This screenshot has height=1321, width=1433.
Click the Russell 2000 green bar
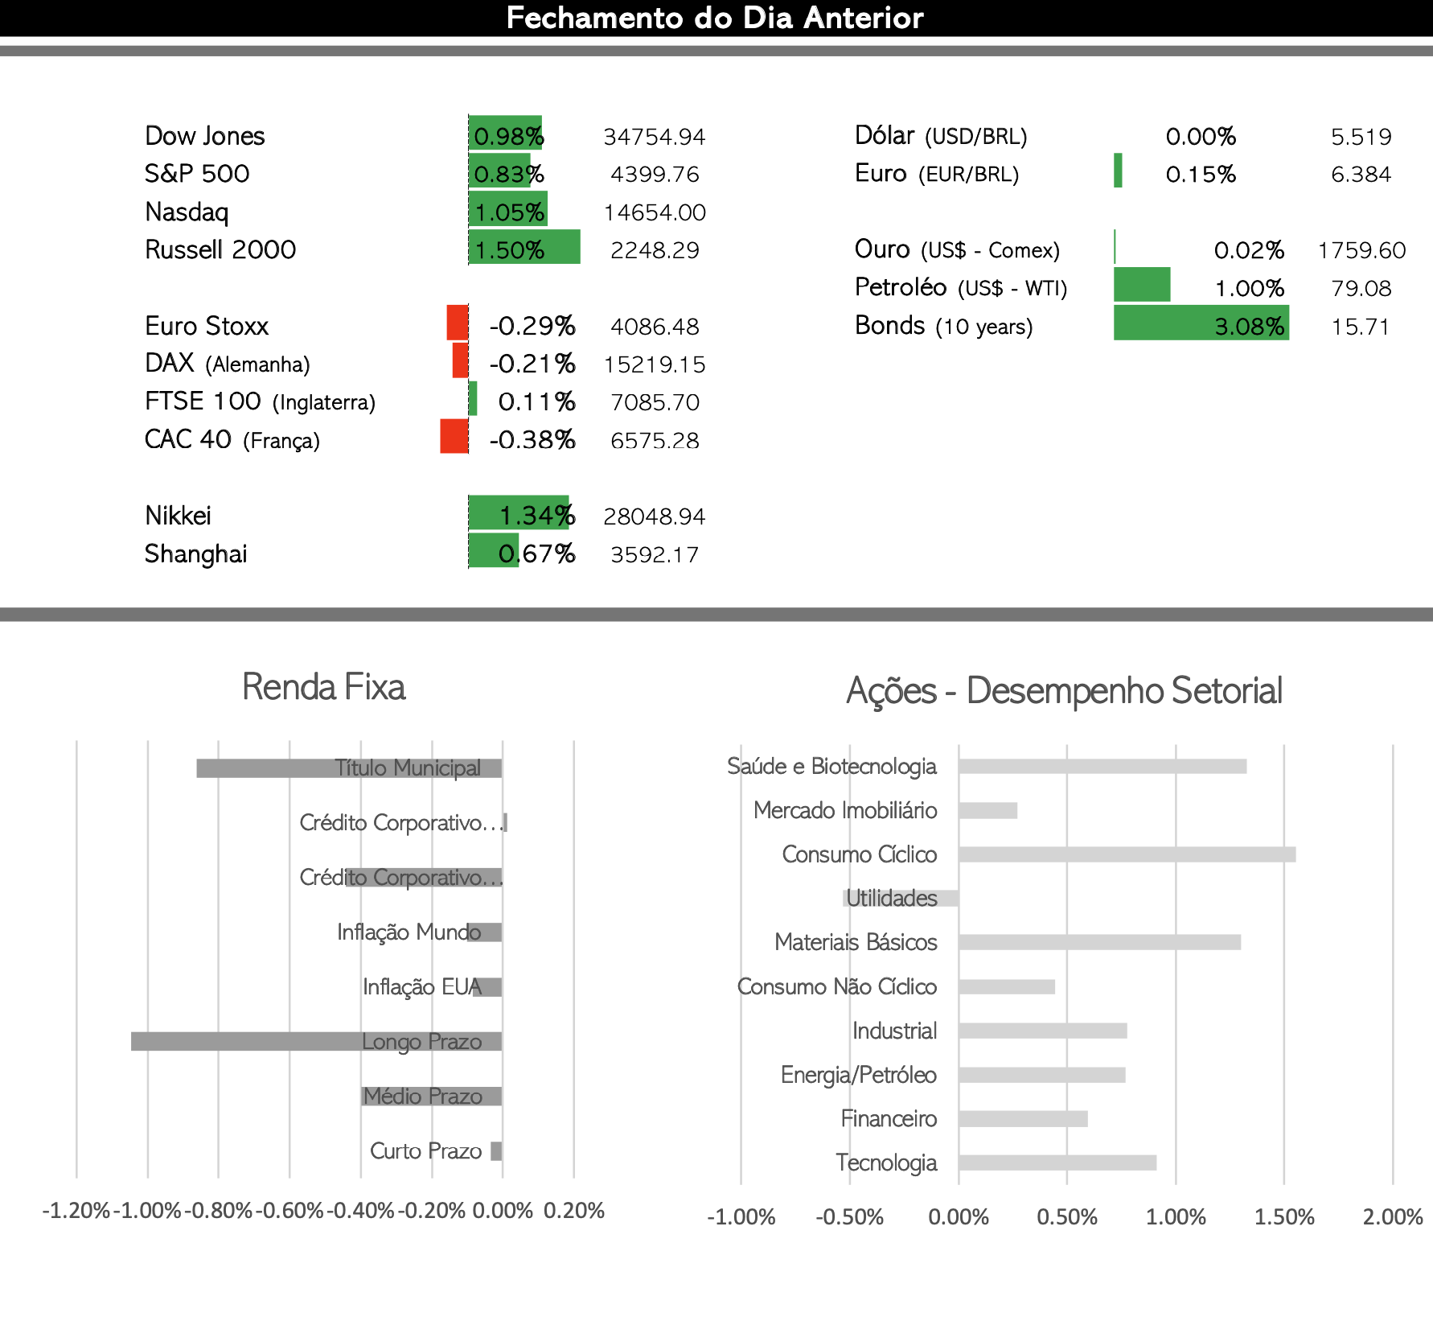pyautogui.click(x=524, y=247)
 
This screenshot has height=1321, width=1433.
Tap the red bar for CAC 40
pyautogui.click(x=454, y=436)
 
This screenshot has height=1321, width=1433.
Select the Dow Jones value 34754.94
pyautogui.click(x=655, y=137)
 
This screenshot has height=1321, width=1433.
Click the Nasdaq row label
pyautogui.click(x=187, y=212)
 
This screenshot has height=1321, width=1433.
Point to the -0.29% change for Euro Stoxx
pyautogui.click(x=532, y=326)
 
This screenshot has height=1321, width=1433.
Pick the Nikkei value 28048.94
pyautogui.click(x=655, y=516)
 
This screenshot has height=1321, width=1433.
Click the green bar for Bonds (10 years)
pyautogui.click(x=1201, y=323)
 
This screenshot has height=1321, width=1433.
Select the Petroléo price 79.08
pyautogui.click(x=1361, y=288)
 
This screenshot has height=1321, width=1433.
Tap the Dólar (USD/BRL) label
pyautogui.click(x=941, y=135)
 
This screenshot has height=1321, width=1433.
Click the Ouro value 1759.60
pyautogui.click(x=1361, y=250)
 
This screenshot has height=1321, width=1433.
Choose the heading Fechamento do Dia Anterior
pyautogui.click(x=715, y=18)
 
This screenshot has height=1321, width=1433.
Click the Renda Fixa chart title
pyautogui.click(x=323, y=687)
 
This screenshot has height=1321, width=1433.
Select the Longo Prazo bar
pyautogui.click(x=317, y=1041)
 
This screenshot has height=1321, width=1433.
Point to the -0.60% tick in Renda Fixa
pyautogui.click(x=289, y=1211)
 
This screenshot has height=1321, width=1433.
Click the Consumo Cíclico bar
pyautogui.click(x=1127, y=854)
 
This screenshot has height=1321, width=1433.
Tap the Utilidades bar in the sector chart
pyautogui.click(x=901, y=898)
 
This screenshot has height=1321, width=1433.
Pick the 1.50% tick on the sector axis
pyautogui.click(x=1284, y=1216)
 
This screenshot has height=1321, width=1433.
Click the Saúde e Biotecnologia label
pyautogui.click(x=832, y=766)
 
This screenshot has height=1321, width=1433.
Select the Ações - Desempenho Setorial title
pyautogui.click(x=1064, y=691)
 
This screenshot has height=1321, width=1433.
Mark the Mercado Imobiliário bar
pyautogui.click(x=988, y=810)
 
